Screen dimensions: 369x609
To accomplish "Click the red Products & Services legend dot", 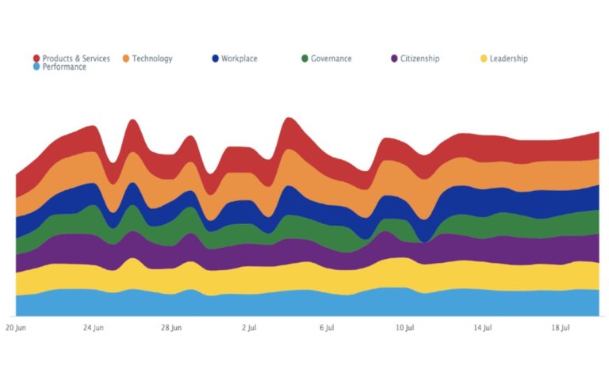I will pos(36,59).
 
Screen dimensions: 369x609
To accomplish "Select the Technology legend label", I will pos(152,59).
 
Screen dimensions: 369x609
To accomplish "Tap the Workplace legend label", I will pos(239,59).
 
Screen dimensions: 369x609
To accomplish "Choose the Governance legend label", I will pos(331,59).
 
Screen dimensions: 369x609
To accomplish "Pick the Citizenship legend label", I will pos(419,59).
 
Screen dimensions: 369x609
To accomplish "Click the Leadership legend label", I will pos(508,59).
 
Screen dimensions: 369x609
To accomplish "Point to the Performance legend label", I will pos(64,67).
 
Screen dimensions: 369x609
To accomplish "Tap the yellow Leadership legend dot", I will pos(484,59).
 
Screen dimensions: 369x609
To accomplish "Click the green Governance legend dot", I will pos(305,59).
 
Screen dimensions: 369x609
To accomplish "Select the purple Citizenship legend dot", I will pos(394,59).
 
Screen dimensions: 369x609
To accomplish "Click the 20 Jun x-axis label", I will pos(16,326).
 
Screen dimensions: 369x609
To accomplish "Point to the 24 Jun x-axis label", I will pos(94,326).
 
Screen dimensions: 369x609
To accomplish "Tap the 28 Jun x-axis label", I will pos(171,326).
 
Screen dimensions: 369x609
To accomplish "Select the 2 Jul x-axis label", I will pos(249,326).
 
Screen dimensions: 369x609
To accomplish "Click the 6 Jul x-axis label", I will pos(327,326).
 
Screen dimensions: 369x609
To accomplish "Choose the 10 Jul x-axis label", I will pos(405,326).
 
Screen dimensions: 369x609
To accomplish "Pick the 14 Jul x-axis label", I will pos(483,326).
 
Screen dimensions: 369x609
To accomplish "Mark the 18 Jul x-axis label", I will pos(561,326).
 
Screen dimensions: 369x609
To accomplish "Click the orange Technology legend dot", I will pos(126,59).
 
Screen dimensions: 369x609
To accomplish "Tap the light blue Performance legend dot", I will pos(36,67).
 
